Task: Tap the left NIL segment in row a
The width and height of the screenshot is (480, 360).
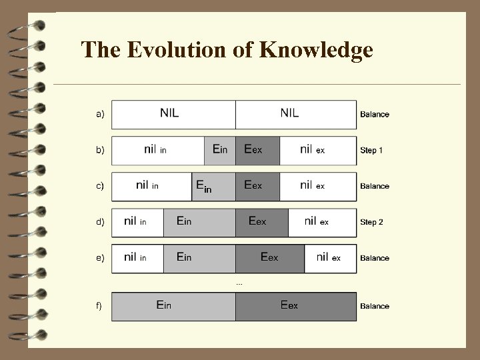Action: pos(173,114)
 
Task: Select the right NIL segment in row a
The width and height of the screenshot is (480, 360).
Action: pos(295,114)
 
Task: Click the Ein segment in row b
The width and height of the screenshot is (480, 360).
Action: pos(219,150)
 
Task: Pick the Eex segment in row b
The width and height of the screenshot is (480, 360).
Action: pos(257,150)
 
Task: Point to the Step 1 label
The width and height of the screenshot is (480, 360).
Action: pos(371,151)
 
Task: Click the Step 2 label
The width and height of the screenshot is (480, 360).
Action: pos(371,222)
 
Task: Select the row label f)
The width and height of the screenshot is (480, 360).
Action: pos(99,306)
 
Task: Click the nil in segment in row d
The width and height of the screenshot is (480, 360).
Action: pos(137,222)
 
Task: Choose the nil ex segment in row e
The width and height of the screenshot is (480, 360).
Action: pos(330,258)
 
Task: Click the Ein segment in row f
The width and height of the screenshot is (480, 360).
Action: pos(173,306)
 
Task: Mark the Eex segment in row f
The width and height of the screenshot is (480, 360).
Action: pos(295,306)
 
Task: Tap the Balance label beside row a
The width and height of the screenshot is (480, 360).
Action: pos(375,115)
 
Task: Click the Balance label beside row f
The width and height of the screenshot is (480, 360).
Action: pos(375,307)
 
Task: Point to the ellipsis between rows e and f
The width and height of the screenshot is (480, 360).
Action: pos(239,283)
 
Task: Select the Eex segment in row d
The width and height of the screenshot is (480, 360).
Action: pos(261,222)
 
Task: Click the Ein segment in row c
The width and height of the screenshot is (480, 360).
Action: pos(213,186)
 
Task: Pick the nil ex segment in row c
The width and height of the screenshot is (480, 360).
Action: pos(317,186)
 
